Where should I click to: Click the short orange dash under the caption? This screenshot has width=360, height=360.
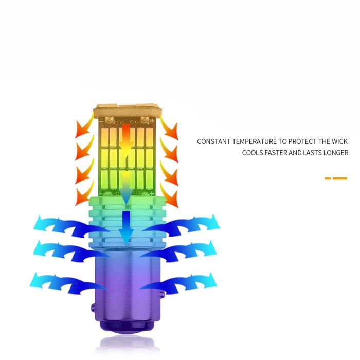pos(328,178)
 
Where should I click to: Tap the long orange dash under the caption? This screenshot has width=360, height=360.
pos(340,178)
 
